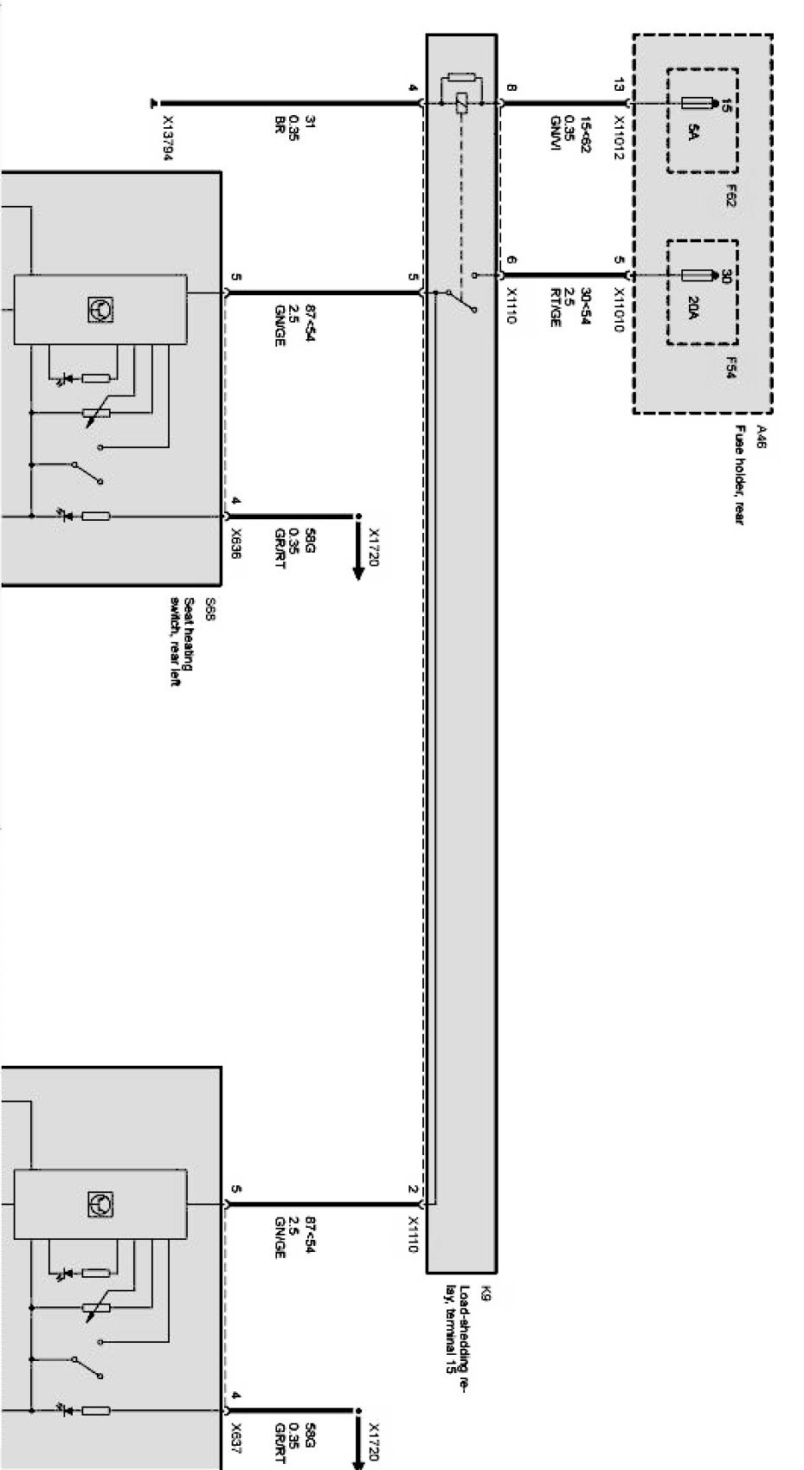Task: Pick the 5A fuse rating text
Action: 692,134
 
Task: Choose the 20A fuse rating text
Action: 692,307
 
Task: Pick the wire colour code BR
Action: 280,127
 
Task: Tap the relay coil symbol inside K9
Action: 461,102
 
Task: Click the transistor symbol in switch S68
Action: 100,310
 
